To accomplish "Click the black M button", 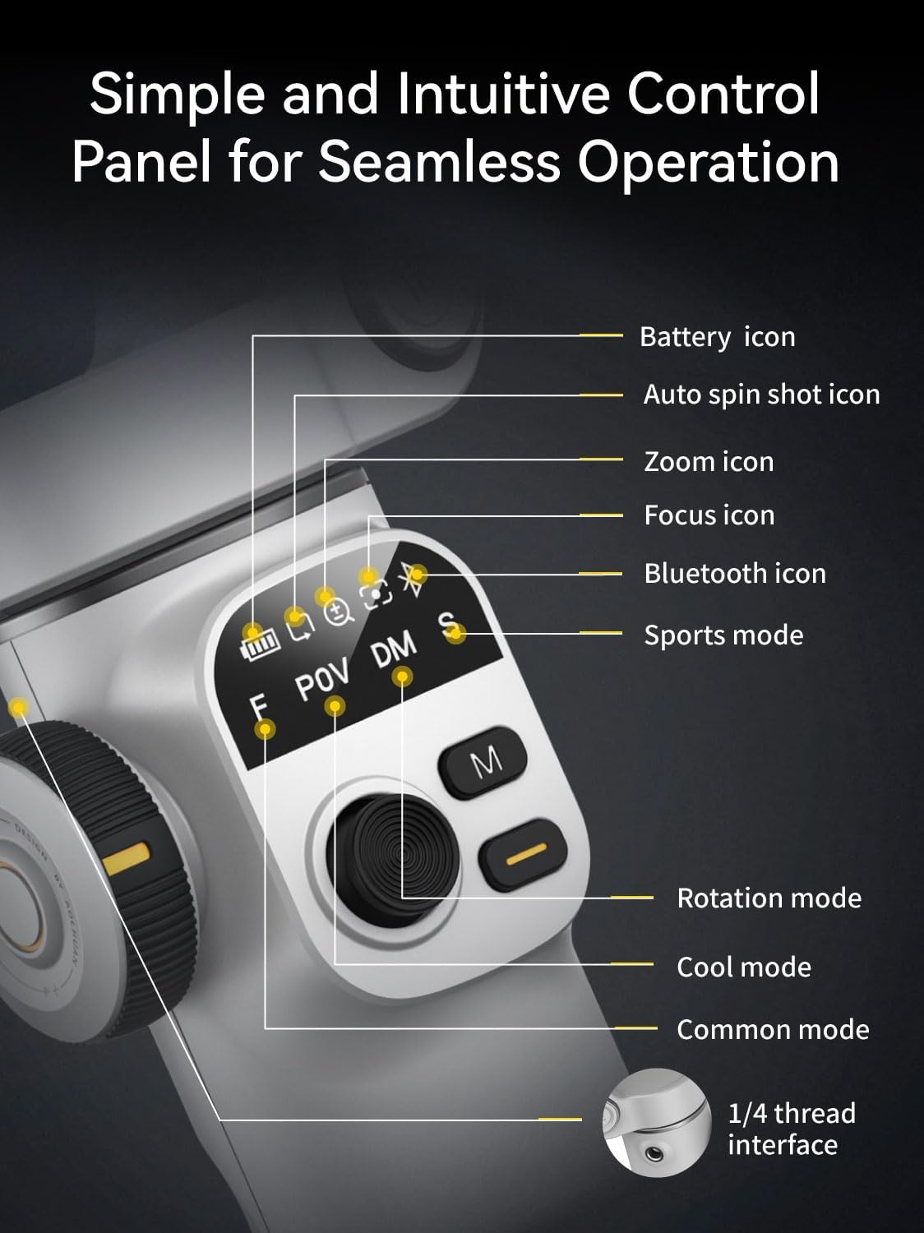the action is coord(483,762).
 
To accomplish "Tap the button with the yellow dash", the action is coord(524,854).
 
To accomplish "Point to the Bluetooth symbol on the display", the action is coord(413,580).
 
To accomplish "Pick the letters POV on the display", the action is coord(322,679).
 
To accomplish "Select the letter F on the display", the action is coord(258,707).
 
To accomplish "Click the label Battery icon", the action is coord(718,338).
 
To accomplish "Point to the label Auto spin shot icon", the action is coord(762,395).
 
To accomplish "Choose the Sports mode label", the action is coord(723,636).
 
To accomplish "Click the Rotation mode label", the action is coord(769,898).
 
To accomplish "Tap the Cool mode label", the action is coord(744,967).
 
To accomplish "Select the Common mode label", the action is coord(773,1030).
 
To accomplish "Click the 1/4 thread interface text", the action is coord(792,1129).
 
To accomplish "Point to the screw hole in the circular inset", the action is coord(653,1154).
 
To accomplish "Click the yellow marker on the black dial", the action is coord(127,858).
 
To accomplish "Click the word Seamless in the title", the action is coord(439,162).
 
